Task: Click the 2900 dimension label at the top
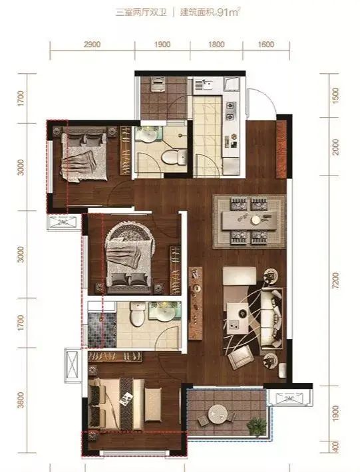pyautogui.click(x=92, y=45)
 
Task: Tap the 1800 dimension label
pyautogui.click(x=216, y=45)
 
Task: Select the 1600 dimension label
pyautogui.click(x=266, y=45)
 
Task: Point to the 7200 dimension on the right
pyautogui.click(x=335, y=281)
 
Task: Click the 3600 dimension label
pyautogui.click(x=21, y=400)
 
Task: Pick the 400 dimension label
pyautogui.click(x=335, y=447)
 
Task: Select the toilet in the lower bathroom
pyautogui.click(x=137, y=314)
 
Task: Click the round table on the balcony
pyautogui.click(x=219, y=414)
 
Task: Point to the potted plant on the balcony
pyautogui.click(x=257, y=426)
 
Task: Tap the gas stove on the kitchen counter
pyautogui.click(x=230, y=111)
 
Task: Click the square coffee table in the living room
pyautogui.click(x=238, y=318)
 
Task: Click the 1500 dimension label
pyautogui.click(x=335, y=96)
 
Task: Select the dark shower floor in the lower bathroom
pyautogui.click(x=102, y=330)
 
